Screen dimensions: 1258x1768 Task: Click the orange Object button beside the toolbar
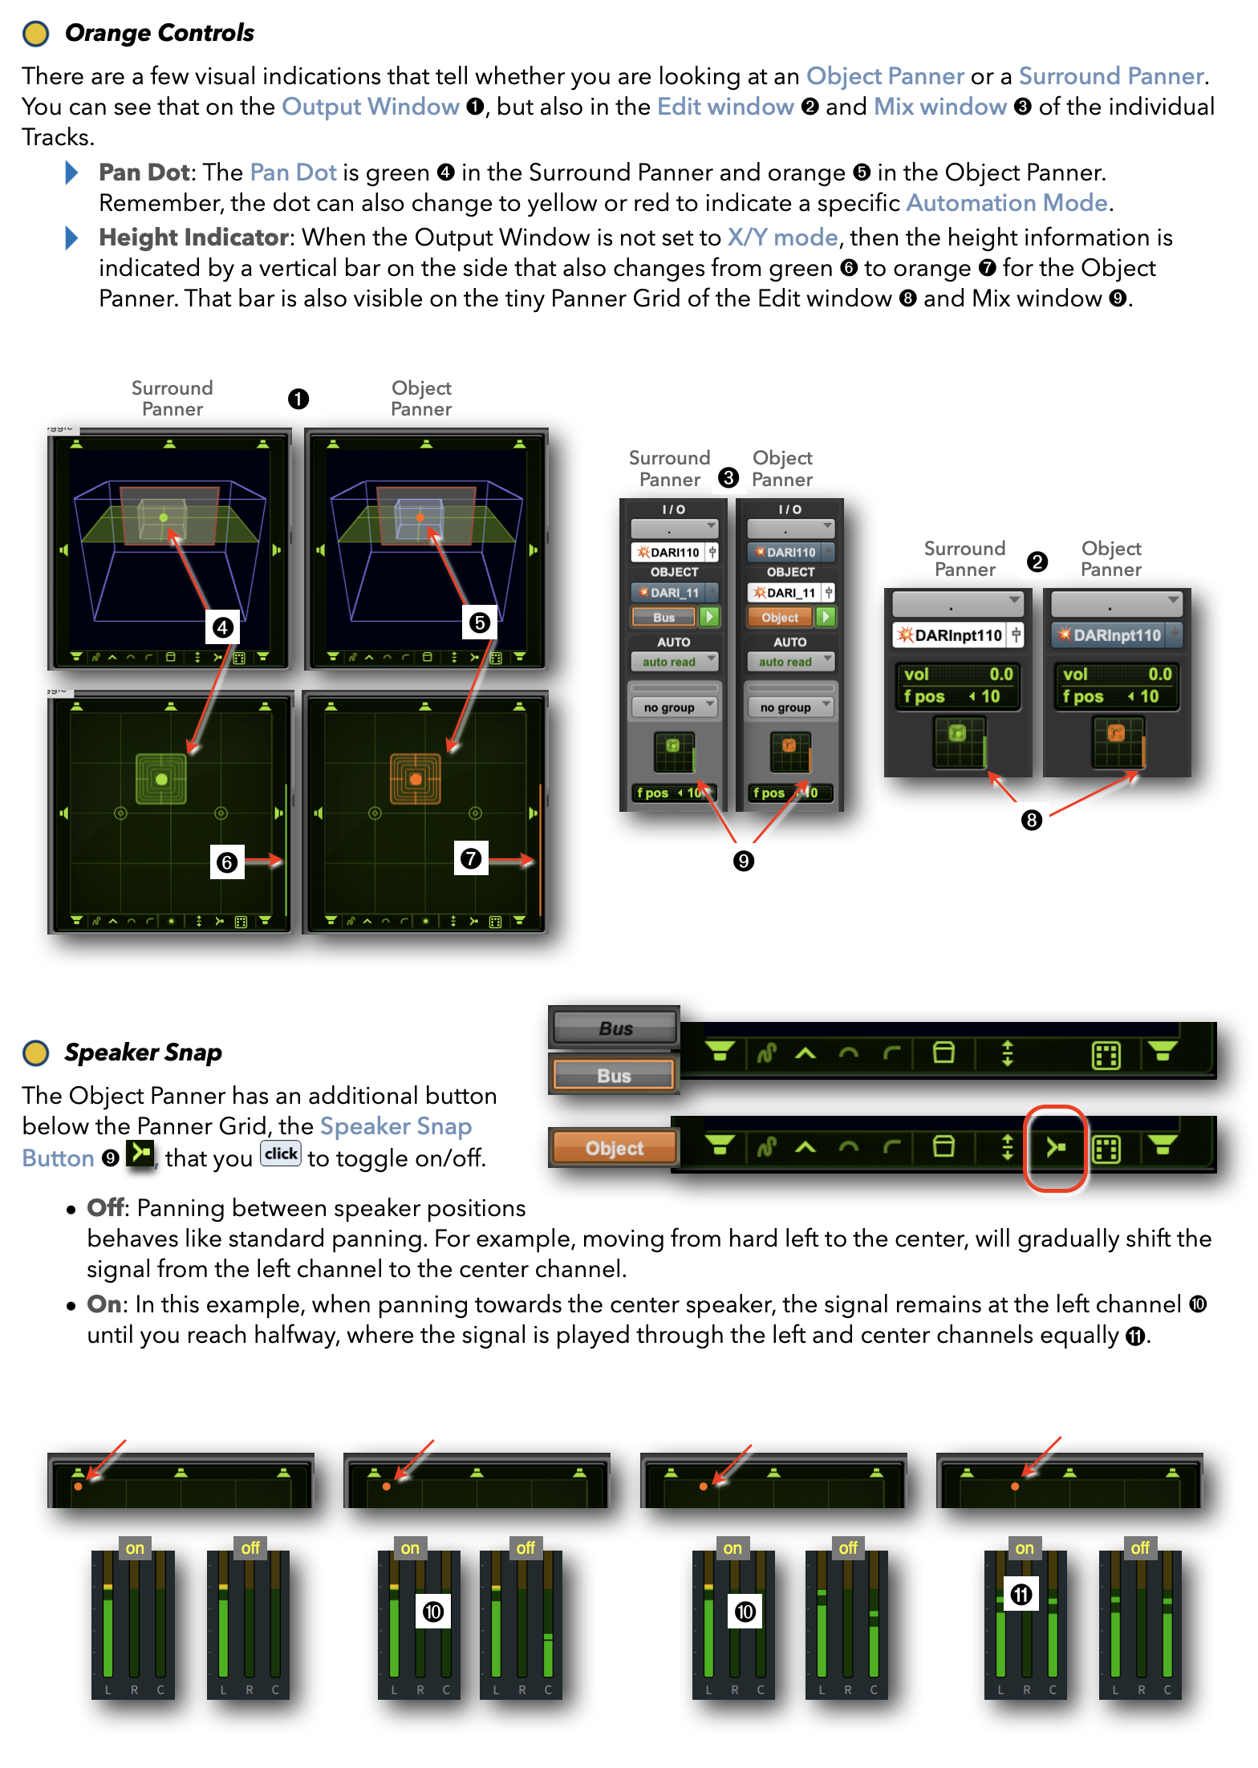pyautogui.click(x=614, y=1148)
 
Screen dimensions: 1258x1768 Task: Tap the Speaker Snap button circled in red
pyautogui.click(x=1056, y=1148)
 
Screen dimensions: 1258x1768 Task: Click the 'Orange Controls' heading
pyautogui.click(x=159, y=33)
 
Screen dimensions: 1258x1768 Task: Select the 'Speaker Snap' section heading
pyautogui.click(x=143, y=1052)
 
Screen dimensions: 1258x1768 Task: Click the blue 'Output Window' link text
pyautogui.click(x=370, y=107)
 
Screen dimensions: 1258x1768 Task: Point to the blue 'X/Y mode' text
pyautogui.click(x=782, y=237)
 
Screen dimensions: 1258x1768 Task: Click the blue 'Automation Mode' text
pyautogui.click(x=1007, y=203)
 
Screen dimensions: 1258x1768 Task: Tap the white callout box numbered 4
pyautogui.click(x=223, y=627)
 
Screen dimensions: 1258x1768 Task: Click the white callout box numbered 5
pyautogui.click(x=480, y=622)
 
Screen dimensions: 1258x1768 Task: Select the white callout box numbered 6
pyautogui.click(x=227, y=862)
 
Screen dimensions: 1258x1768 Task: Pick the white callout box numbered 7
pyautogui.click(x=471, y=858)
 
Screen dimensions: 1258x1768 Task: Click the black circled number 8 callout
pyautogui.click(x=1032, y=820)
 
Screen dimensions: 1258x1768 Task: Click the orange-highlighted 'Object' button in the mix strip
pyautogui.click(x=780, y=617)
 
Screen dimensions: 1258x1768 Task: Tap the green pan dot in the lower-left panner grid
pyautogui.click(x=161, y=779)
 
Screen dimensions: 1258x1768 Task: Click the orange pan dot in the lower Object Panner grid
pyautogui.click(x=416, y=779)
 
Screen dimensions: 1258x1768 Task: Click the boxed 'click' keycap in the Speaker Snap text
pyautogui.click(x=281, y=1154)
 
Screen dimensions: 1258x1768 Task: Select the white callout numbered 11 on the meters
pyautogui.click(x=1021, y=1593)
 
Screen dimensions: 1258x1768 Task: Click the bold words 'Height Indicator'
pyautogui.click(x=193, y=237)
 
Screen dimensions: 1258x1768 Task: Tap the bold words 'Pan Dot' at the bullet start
pyautogui.click(x=144, y=172)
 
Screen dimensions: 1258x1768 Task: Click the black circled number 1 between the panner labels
pyautogui.click(x=298, y=399)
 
